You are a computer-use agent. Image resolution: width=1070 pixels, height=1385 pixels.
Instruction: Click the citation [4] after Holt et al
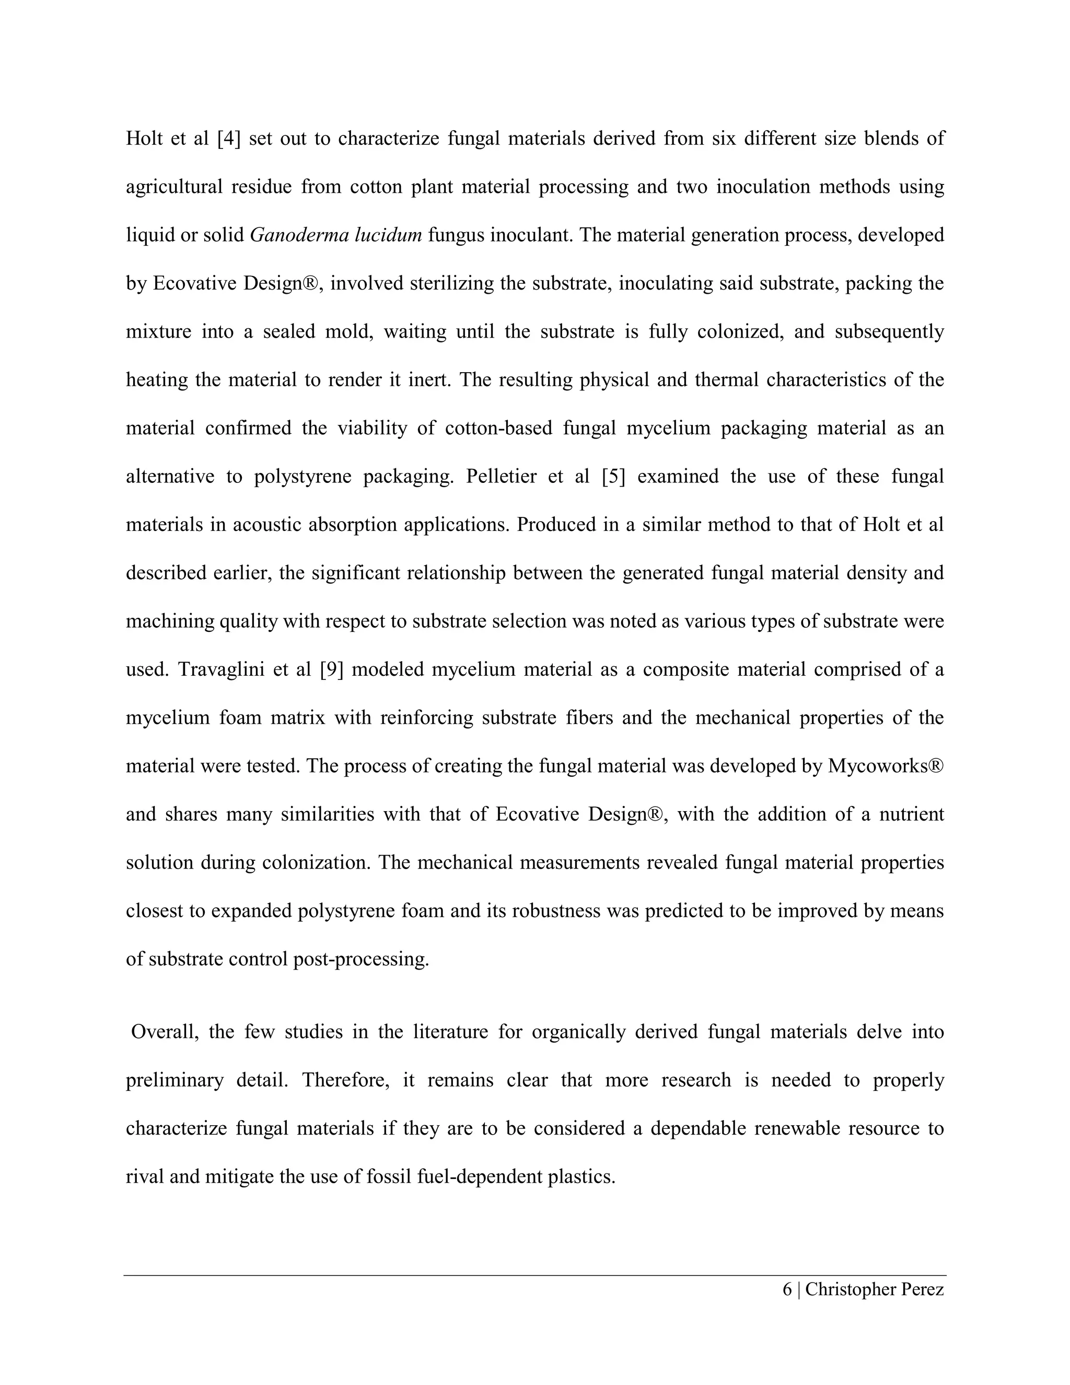229,138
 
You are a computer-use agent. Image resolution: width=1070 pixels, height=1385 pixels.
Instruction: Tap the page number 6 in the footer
787,1289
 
